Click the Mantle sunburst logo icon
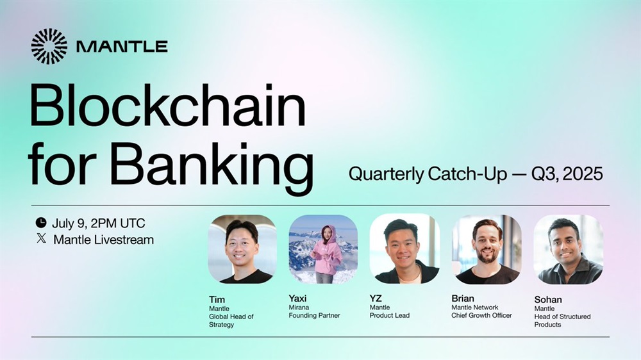[x=49, y=46]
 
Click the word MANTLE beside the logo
[x=122, y=46]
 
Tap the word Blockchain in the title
[x=167, y=106]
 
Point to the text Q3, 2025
[x=567, y=174]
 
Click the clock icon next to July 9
[x=41, y=223]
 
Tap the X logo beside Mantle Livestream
[x=41, y=238]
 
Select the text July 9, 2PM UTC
[x=99, y=223]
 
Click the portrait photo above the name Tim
[x=242, y=249]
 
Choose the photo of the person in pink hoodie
[x=323, y=249]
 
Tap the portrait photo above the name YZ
[x=404, y=249]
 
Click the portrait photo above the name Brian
[x=487, y=249]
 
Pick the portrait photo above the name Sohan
[x=568, y=249]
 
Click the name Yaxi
[x=297, y=299]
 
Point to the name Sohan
[x=548, y=300]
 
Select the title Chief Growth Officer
[x=481, y=315]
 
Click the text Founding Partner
[x=314, y=315]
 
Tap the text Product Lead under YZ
[x=390, y=315]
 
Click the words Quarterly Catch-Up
[x=428, y=174]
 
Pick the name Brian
[x=463, y=299]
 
